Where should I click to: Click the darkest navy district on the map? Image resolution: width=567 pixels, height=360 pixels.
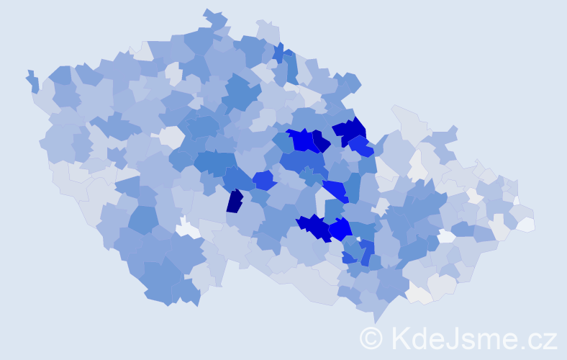coord(235,201)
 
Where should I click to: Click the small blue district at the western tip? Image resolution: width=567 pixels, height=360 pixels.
coord(32,81)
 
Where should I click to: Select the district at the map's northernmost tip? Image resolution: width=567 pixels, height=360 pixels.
coord(214,18)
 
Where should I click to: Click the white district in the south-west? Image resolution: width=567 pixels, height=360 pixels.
coord(188,228)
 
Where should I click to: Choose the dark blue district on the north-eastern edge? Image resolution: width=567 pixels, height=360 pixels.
coord(350,131)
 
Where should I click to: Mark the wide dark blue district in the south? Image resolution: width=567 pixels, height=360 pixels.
coord(314,225)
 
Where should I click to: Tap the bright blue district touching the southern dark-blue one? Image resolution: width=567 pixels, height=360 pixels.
coord(340,228)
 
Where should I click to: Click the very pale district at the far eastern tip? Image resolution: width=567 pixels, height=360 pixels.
coord(526,224)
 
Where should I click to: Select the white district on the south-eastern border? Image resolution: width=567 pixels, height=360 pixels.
coord(419,293)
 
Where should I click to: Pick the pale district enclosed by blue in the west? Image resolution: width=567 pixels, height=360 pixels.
coord(172,136)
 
